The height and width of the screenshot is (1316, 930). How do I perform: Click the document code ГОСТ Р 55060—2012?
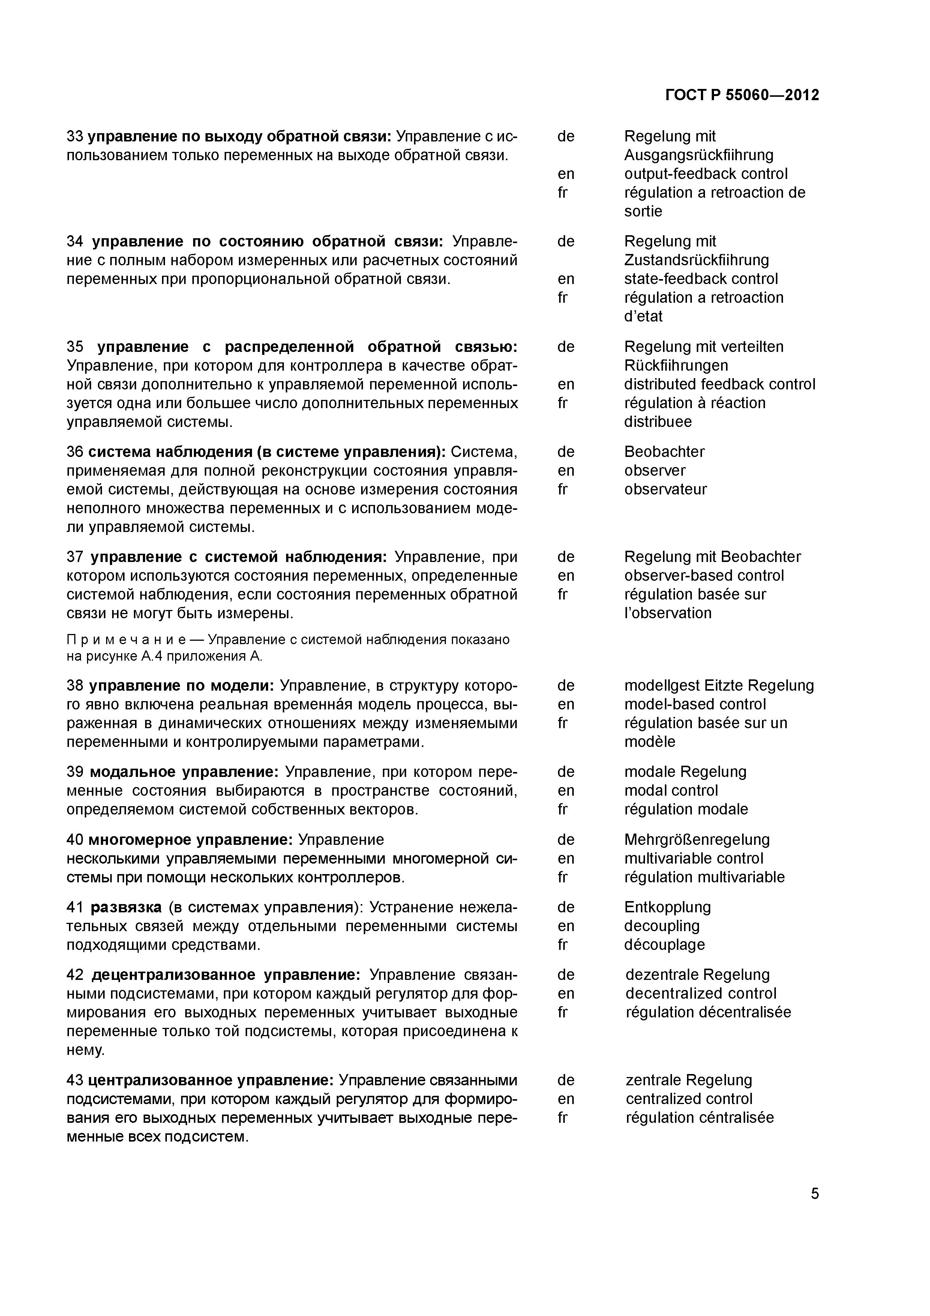tap(742, 95)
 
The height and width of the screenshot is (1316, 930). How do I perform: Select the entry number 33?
tap(75, 137)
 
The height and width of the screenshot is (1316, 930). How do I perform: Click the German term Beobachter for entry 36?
tap(664, 452)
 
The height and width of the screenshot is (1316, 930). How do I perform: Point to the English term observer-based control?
tap(703, 575)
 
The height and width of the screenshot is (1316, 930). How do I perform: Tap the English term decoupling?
tap(662, 926)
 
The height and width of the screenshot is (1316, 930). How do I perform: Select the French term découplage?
tap(664, 945)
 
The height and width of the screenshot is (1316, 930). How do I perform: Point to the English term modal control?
tap(670, 790)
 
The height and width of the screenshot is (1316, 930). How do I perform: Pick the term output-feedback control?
tap(705, 174)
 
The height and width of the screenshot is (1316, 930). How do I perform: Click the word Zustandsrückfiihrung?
tap(696, 260)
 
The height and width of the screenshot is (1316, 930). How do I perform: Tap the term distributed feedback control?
tap(719, 384)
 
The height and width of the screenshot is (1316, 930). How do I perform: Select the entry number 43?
tap(75, 1080)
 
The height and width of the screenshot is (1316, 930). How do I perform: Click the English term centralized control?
tap(689, 1099)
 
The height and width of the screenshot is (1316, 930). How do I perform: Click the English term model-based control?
tap(694, 705)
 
